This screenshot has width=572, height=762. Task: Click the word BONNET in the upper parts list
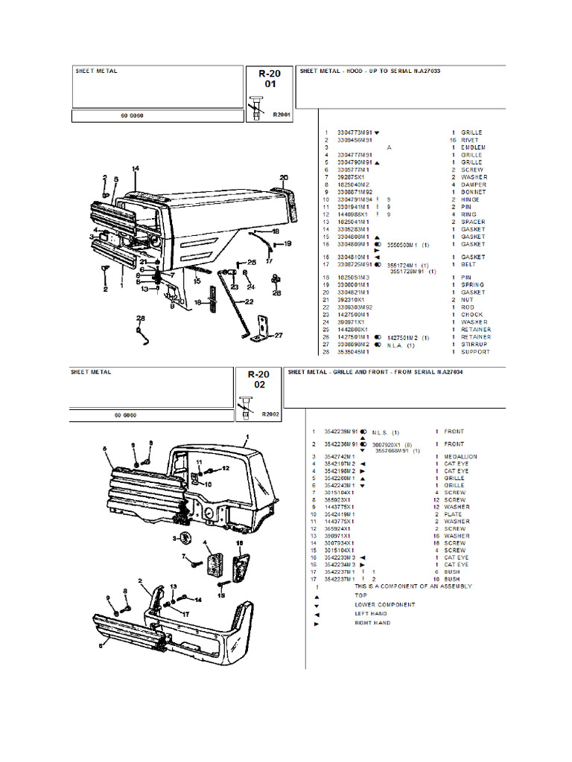pos(474,192)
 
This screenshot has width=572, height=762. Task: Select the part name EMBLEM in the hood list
pos(474,147)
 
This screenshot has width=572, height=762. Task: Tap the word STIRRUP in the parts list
pos(475,345)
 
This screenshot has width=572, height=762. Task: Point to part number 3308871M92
pos(355,192)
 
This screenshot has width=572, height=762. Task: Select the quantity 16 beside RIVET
pos(453,140)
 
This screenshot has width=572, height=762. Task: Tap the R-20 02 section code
pos(258,380)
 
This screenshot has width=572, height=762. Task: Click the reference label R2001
pos(282,115)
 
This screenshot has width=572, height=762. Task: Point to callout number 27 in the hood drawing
pos(279,336)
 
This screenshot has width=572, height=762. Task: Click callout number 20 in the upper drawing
pos(284,178)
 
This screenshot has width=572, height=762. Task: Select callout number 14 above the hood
pos(136,169)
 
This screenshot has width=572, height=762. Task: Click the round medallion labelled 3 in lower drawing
pos(185,538)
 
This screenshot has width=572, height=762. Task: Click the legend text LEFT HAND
pos(371,614)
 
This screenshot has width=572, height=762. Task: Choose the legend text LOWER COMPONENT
pos(384,604)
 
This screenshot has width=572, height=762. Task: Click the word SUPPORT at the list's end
pos(475,352)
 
